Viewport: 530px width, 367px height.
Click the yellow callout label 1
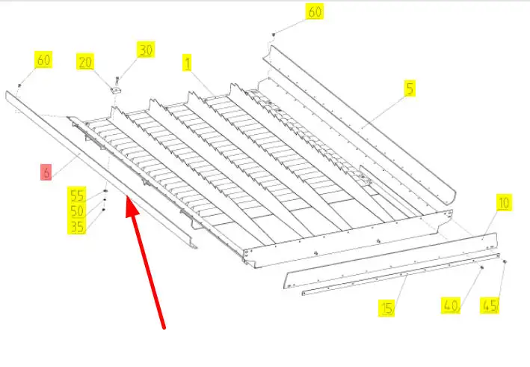188,62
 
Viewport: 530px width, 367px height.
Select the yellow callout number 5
410,88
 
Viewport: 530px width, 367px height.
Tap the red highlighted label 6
46,172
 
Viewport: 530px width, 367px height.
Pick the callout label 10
504,202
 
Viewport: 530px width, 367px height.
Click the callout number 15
386,308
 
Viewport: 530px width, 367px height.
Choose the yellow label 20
84,61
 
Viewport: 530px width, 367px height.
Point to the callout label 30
146,49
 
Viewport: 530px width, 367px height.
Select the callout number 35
77,226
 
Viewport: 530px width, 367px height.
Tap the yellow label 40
451,306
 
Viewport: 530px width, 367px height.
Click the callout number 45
490,306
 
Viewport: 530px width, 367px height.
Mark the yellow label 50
77,210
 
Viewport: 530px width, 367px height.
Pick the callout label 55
77,195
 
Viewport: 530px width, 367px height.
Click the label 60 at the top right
315,11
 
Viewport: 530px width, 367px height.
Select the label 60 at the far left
43,60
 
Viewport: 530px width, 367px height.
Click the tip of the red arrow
127,195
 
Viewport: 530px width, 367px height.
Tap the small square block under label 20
115,90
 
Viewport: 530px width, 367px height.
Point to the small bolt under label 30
117,79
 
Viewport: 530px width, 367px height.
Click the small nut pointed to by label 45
505,261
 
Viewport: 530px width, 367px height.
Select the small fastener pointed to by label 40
482,267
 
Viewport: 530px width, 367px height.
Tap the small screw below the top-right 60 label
274,34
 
